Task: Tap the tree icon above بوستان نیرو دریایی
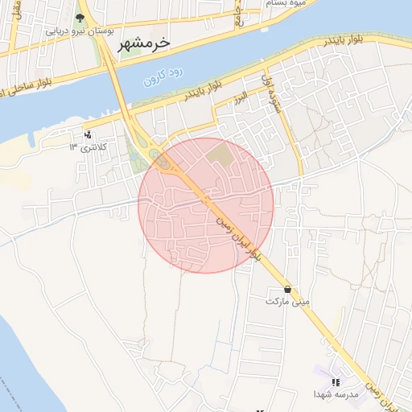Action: point(79,18)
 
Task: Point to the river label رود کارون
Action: point(164,77)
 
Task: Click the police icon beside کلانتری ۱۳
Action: point(88,134)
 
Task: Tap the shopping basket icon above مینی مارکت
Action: point(288,289)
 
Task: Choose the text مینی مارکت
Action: point(287,301)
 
